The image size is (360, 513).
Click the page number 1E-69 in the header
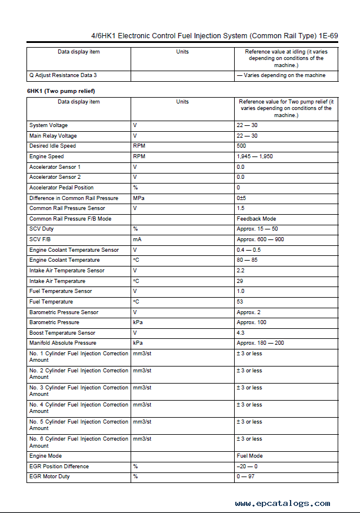coord(325,36)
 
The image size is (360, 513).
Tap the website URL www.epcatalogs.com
coord(282,503)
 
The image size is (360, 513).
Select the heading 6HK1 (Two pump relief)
coord(61,91)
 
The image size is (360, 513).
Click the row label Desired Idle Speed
coord(52,146)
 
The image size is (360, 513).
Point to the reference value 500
coord(241,146)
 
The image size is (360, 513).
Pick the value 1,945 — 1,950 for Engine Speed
coord(255,156)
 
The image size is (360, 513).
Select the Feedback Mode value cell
coord(256,219)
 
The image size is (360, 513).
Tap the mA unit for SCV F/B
coord(137,239)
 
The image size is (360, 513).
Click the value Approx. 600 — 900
coord(260,239)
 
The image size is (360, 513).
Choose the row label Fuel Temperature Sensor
coord(61,291)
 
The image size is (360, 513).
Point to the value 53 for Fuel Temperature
coord(240,302)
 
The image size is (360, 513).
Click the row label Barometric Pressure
coord(54,322)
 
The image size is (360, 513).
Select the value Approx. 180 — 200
coord(260,343)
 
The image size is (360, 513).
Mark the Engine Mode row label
coord(45,456)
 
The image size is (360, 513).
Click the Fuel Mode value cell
coord(249,456)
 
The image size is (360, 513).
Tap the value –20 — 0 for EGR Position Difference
coord(247,467)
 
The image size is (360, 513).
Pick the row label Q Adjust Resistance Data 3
coord(63,75)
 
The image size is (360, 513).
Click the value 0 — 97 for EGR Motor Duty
coord(245,477)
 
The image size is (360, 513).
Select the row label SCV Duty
coord(41,229)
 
